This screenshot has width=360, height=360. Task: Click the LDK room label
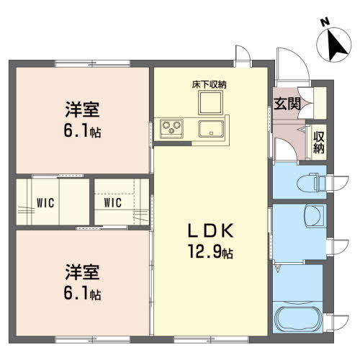210,230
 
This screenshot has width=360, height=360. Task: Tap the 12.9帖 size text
210,251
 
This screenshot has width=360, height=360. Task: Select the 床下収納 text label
209,84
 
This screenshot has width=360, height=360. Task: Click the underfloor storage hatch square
210,102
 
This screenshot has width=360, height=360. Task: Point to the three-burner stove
171,129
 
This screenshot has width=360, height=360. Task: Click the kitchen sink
211,129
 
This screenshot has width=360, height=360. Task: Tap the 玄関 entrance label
287,104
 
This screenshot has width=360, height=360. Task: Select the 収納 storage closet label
319,143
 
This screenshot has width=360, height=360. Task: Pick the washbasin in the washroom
314,215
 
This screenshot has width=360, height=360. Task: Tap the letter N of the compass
325,22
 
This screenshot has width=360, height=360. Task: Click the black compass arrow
336,46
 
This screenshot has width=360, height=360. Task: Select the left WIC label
45,203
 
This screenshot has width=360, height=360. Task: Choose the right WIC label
113,203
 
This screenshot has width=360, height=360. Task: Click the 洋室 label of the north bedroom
82,109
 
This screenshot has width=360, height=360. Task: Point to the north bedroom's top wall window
93,64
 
